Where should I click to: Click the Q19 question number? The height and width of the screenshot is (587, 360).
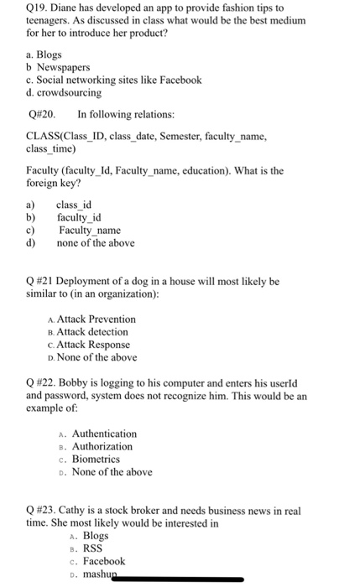(x=38, y=8)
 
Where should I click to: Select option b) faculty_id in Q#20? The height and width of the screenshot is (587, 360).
(x=79, y=218)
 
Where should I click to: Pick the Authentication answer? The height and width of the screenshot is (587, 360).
(x=104, y=434)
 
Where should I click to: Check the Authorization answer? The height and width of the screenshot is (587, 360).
(x=102, y=446)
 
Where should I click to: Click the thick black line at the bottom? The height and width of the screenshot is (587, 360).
(x=184, y=578)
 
